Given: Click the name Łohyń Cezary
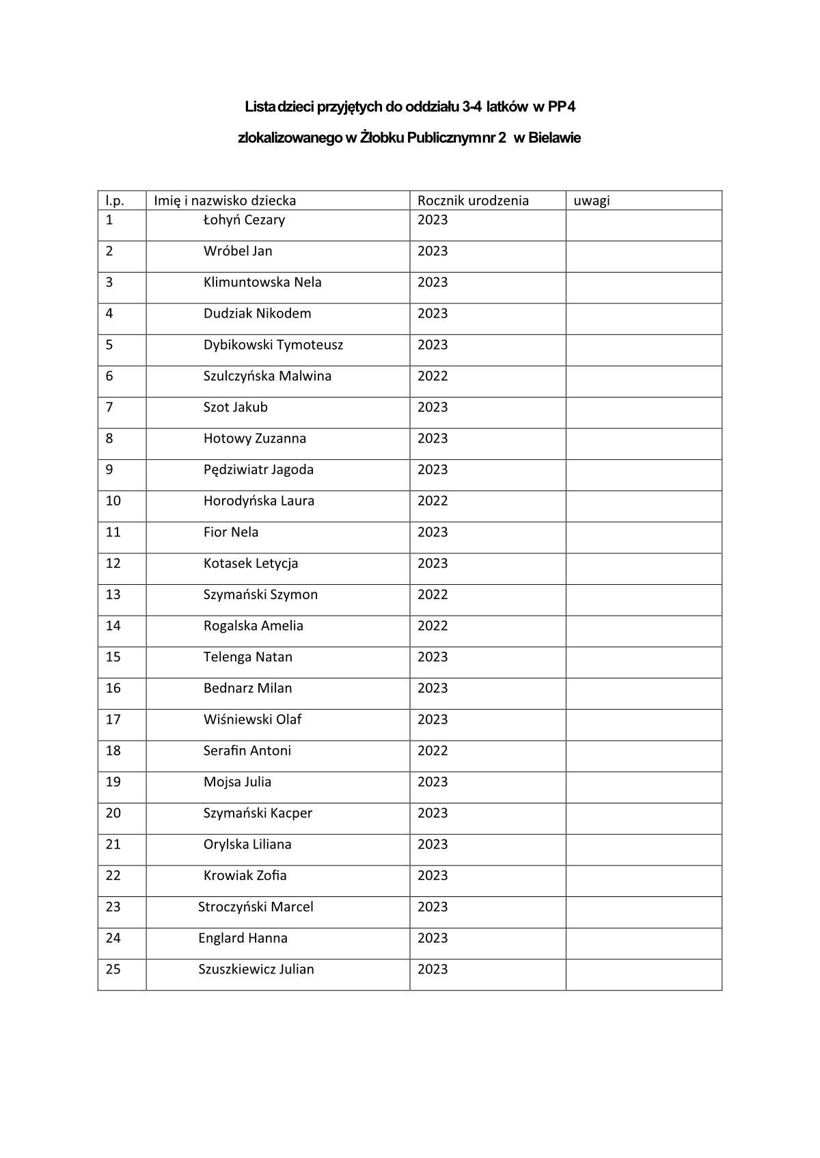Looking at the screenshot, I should pyautogui.click(x=244, y=220).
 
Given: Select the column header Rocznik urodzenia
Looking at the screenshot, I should pyautogui.click(x=473, y=200).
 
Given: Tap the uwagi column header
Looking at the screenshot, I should pyautogui.click(x=592, y=200).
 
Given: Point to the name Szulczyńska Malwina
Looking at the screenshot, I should pyautogui.click(x=267, y=376).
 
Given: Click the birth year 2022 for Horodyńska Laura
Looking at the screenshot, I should pyautogui.click(x=433, y=501).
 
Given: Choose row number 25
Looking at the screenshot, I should pyautogui.click(x=113, y=969).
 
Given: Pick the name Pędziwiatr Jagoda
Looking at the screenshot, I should pyautogui.click(x=258, y=469).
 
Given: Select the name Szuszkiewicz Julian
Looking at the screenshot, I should pyautogui.click(x=256, y=969).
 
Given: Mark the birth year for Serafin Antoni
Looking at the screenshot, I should pyautogui.click(x=433, y=751).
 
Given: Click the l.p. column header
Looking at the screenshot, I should pyautogui.click(x=115, y=200).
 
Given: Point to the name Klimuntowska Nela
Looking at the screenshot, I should pyautogui.click(x=262, y=282).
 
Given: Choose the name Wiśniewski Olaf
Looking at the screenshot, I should pyautogui.click(x=252, y=719).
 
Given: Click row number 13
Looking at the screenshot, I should pyautogui.click(x=113, y=594).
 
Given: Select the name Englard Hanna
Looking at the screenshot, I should pyautogui.click(x=243, y=938).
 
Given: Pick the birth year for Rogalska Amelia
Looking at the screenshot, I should pyautogui.click(x=433, y=626).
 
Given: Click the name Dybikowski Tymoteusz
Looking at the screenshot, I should pyautogui.click(x=273, y=345).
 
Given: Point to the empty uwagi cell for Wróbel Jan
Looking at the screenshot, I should pyautogui.click(x=643, y=256).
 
